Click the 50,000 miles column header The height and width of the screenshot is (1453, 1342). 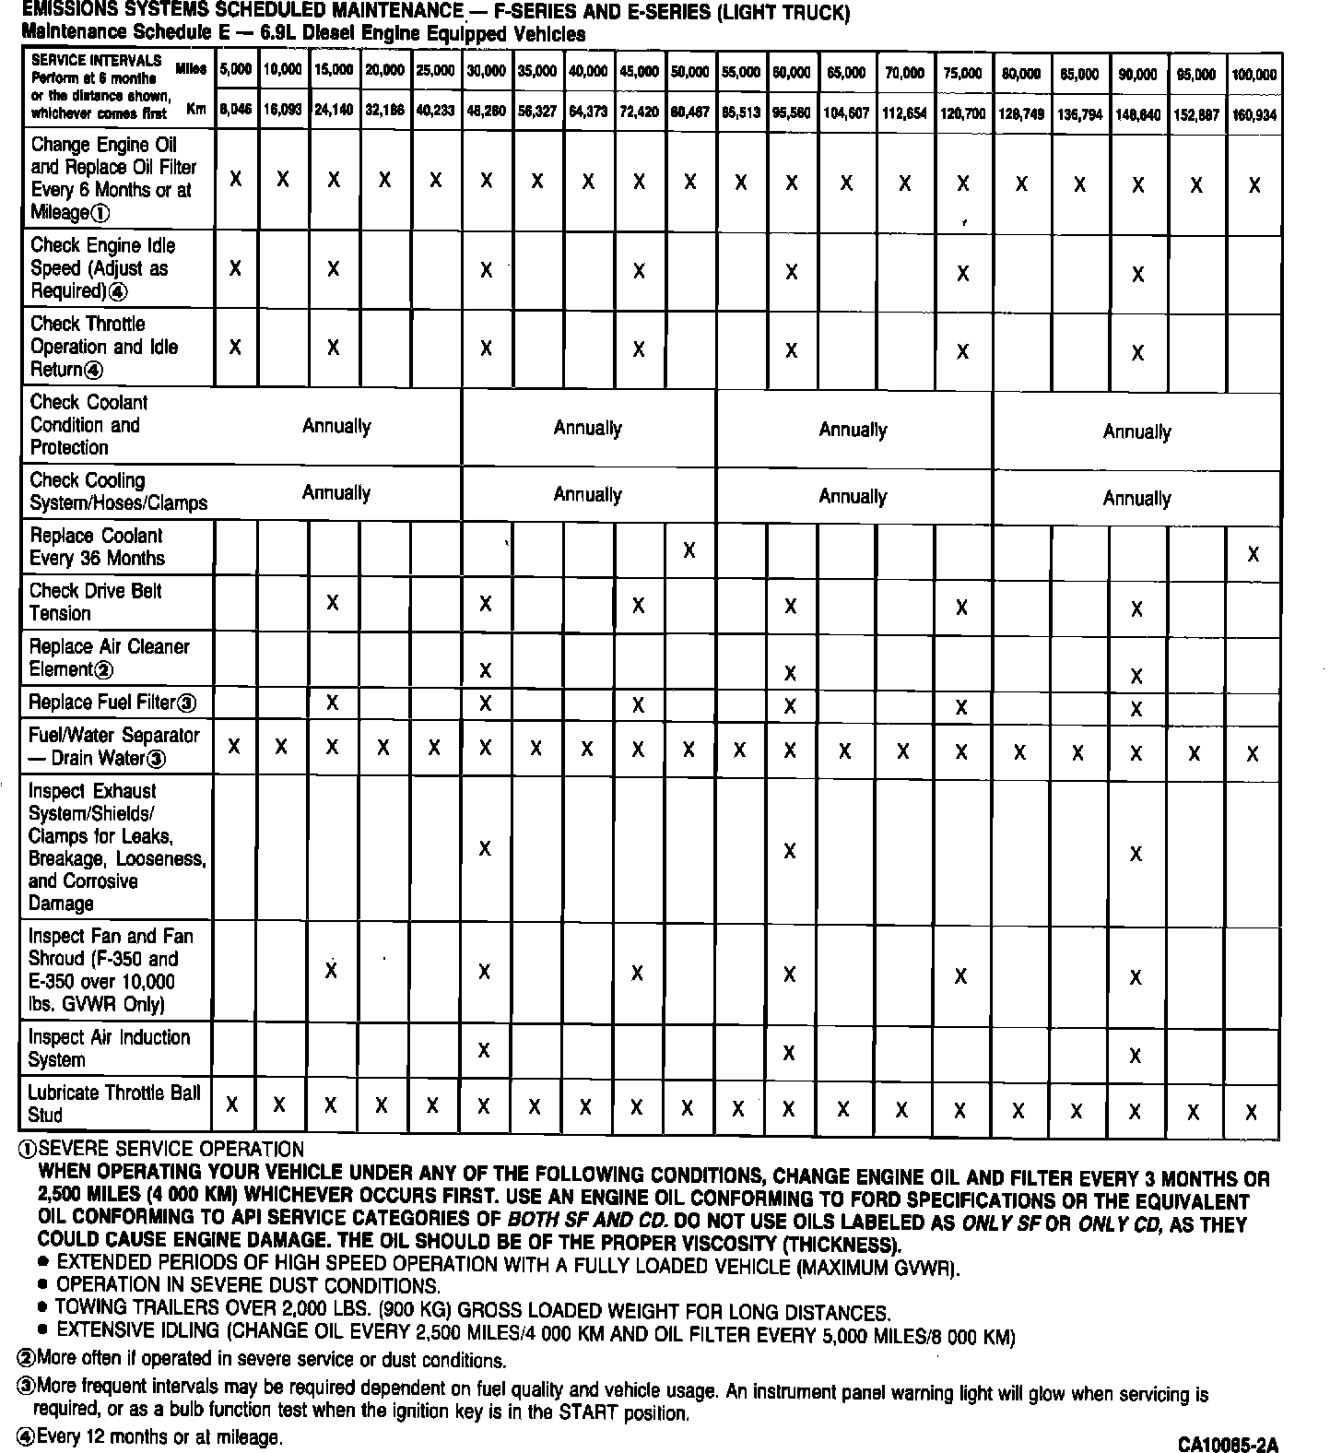click(x=689, y=72)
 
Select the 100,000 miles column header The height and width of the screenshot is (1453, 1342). click(x=1254, y=75)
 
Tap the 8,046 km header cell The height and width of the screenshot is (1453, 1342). click(x=236, y=109)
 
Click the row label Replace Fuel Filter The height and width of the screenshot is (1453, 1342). click(x=112, y=703)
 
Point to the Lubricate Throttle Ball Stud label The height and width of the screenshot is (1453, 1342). click(x=113, y=1104)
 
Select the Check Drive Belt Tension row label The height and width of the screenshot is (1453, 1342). click(x=96, y=602)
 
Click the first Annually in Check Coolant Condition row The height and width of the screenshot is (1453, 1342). click(x=336, y=426)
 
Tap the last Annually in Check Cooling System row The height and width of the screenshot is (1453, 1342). click(x=1136, y=499)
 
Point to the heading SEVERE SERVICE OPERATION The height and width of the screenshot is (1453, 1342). click(x=171, y=1150)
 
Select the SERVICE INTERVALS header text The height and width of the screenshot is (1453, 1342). click(x=96, y=60)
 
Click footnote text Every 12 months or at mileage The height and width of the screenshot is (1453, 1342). click(x=159, y=1436)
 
